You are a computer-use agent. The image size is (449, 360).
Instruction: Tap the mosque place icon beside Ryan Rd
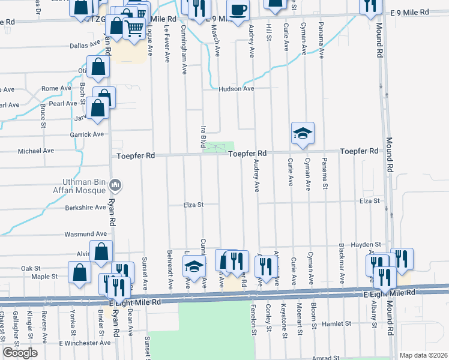tap(117, 185)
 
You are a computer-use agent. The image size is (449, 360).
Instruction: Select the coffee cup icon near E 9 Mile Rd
tap(238, 11)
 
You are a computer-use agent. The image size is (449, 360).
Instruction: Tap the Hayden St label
tap(366, 245)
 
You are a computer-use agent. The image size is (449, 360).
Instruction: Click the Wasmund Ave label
tap(86, 234)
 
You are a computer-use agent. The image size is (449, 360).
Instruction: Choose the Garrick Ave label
tap(87, 134)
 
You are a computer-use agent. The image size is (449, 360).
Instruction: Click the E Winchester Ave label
tap(85, 343)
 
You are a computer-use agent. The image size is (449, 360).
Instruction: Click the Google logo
tap(20, 353)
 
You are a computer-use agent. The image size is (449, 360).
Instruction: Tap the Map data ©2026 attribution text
tap(423, 355)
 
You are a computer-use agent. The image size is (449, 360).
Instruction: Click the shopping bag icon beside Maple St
tap(79, 272)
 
